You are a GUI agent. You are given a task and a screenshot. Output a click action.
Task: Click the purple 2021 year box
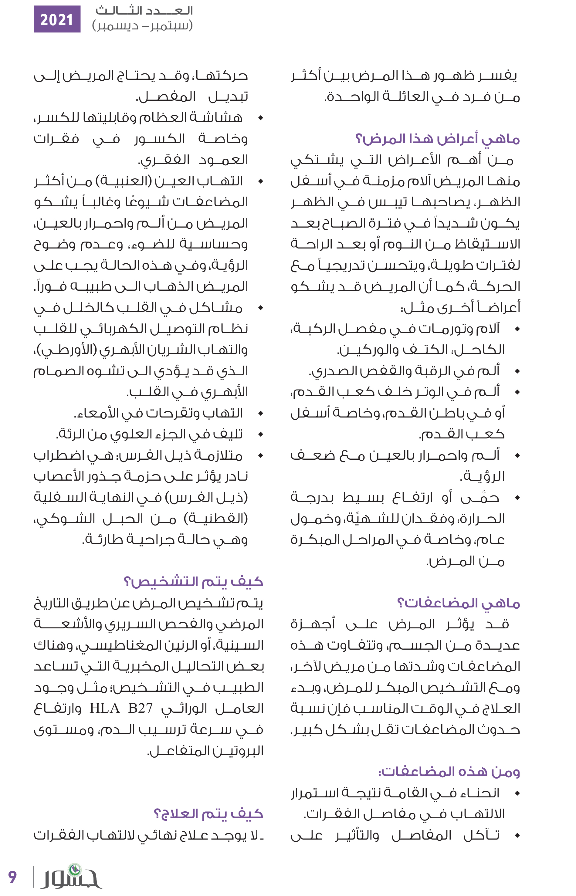(57, 19)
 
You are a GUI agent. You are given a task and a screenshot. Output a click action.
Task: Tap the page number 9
(12, 876)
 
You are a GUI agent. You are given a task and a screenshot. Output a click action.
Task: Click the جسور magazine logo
(71, 876)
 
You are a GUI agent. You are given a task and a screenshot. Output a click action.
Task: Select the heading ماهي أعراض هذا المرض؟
(437, 139)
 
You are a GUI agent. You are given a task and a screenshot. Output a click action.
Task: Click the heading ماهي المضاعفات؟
(458, 603)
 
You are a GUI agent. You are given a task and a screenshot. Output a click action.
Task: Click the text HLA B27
(121, 708)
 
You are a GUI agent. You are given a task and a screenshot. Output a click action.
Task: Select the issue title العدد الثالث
(144, 11)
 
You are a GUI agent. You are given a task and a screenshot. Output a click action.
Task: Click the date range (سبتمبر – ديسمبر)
(142, 26)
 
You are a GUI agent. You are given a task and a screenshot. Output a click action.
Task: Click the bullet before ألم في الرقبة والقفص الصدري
(518, 371)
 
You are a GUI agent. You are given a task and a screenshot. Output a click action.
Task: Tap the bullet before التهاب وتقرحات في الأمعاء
(261, 413)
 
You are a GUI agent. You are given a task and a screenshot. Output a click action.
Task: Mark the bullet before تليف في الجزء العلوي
(261, 434)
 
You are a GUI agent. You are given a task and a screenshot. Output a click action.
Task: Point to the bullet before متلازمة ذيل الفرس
(261, 455)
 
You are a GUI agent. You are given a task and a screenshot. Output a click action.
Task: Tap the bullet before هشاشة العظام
(261, 118)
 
